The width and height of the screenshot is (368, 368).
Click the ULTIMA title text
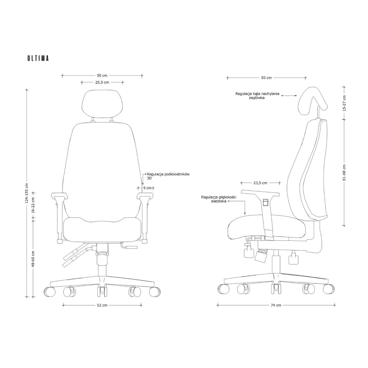(x=38, y=58)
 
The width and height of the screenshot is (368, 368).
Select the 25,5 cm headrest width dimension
(x=102, y=82)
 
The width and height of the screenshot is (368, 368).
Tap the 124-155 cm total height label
(x=27, y=193)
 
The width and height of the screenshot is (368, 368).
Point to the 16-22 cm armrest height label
(x=33, y=205)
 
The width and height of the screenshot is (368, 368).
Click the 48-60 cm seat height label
(x=33, y=259)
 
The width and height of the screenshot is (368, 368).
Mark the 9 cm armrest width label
(x=148, y=188)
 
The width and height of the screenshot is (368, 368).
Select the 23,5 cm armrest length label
(x=260, y=183)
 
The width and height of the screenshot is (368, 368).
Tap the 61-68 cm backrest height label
(x=344, y=173)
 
